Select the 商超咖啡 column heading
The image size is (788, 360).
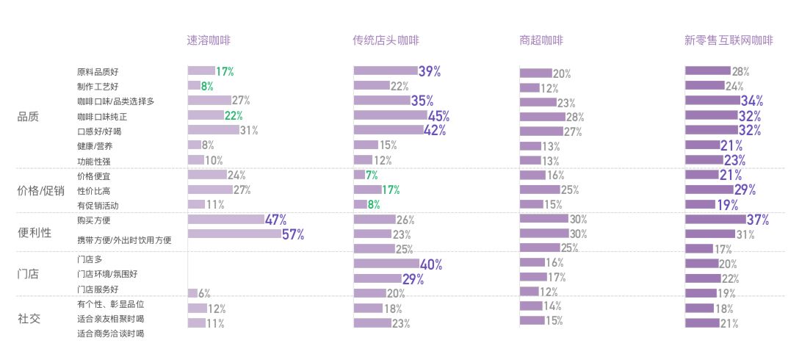point(541,41)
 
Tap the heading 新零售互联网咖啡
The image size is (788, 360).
point(729,41)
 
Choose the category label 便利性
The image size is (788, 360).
point(34,232)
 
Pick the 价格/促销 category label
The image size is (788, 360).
point(40,191)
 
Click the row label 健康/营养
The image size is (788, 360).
point(94,145)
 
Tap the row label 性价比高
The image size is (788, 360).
point(94,190)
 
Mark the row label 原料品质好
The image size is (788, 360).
point(98,72)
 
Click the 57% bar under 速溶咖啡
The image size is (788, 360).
point(234,234)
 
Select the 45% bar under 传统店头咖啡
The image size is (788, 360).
point(390,115)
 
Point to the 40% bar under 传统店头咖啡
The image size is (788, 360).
point(386,263)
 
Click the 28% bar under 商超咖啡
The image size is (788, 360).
point(542,117)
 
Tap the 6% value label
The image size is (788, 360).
point(205,293)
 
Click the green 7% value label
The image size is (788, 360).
point(372,175)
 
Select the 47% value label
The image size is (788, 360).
point(276,219)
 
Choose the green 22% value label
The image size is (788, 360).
point(234,115)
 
